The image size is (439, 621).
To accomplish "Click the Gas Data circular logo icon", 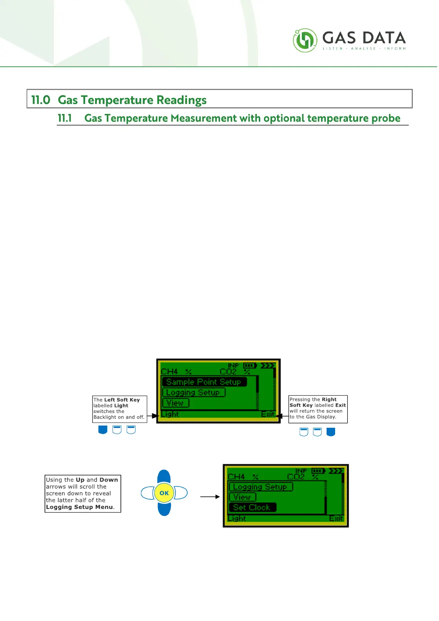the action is point(305,40).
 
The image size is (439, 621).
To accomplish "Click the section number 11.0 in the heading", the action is point(41,100).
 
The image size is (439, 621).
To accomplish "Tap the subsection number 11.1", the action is point(65,118).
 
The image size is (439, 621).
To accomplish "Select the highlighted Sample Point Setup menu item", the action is point(204,382).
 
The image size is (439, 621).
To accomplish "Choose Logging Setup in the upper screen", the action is point(193,392).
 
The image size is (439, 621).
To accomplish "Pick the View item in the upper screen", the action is point(175,403).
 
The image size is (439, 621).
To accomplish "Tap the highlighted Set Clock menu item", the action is point(252,507).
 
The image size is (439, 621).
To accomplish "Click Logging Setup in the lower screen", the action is point(260,487).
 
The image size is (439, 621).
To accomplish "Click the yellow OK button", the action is point(164,493).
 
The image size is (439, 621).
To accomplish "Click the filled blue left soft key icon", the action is point(103,430).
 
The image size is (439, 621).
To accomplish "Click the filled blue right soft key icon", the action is point(331,432).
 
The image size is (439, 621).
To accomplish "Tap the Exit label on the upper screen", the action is point(268,414).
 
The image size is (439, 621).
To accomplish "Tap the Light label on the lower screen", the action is point(237,518).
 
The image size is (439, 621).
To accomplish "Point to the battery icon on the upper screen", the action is point(250,366).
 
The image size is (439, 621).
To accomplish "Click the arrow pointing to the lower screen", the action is point(210,497).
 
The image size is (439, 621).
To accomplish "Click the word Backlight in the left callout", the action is point(105,417).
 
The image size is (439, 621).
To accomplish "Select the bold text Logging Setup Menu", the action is point(80,507).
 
